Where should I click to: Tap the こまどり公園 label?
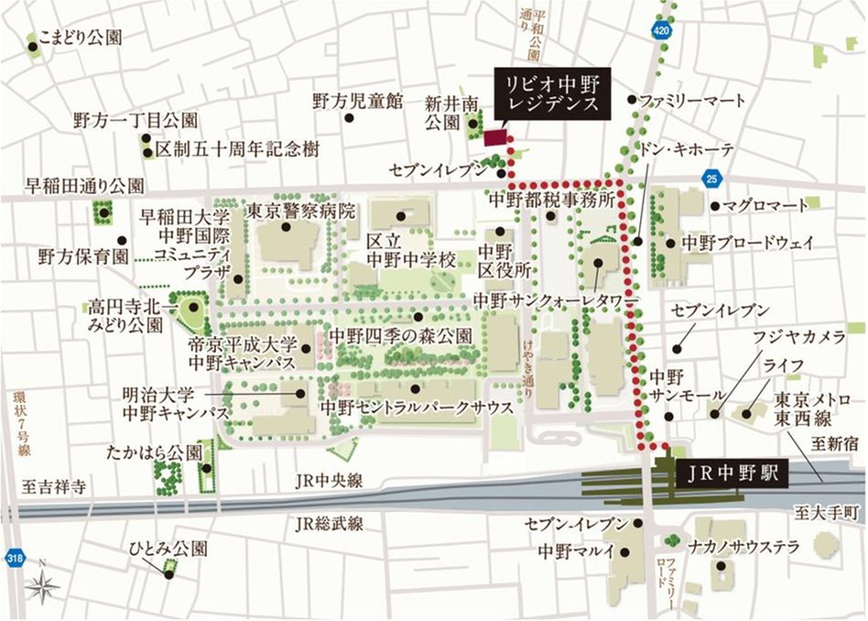pyautogui.click(x=80, y=38)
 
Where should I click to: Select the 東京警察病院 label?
pyautogui.click(x=301, y=210)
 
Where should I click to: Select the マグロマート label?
pyautogui.click(x=765, y=205)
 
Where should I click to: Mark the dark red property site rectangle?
pyautogui.click(x=495, y=137)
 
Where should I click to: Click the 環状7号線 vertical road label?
pyautogui.click(x=20, y=424)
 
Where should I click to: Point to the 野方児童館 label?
pyautogui.click(x=357, y=101)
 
